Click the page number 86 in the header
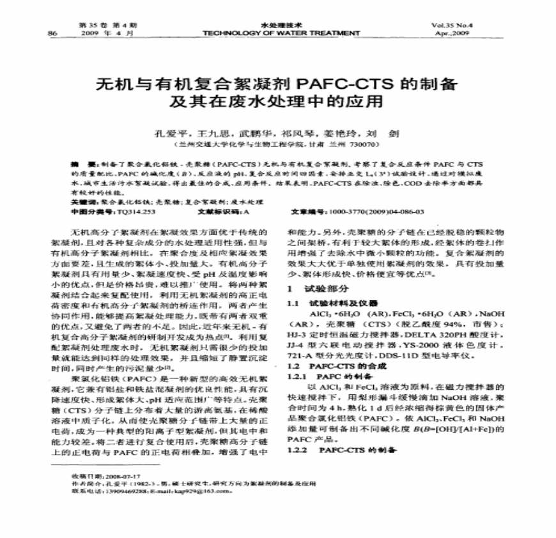click(52, 32)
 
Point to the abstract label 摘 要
click(81, 165)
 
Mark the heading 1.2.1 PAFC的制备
click(327, 376)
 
